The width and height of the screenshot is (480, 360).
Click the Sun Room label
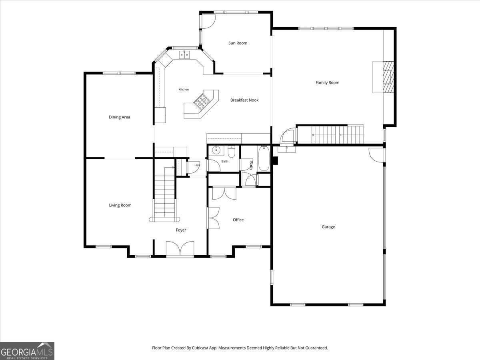[238, 43]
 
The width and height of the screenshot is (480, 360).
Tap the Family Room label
[327, 83]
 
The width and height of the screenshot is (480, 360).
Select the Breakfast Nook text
[244, 100]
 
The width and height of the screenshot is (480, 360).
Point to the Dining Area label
[119, 117]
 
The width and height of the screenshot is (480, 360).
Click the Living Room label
[120, 205]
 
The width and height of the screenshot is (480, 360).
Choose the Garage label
[328, 227]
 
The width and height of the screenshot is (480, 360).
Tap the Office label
[238, 220]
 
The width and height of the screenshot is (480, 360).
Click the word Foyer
[181, 230]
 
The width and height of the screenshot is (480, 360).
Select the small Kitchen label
[184, 89]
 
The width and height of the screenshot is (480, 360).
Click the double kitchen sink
[185, 55]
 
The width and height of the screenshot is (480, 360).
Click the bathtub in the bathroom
[264, 158]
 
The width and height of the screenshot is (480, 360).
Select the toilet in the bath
[231, 152]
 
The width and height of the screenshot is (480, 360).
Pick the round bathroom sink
[216, 150]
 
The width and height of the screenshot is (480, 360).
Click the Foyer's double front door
[180, 248]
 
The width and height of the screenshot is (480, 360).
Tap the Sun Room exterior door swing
[208, 22]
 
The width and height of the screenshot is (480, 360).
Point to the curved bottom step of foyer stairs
[164, 220]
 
